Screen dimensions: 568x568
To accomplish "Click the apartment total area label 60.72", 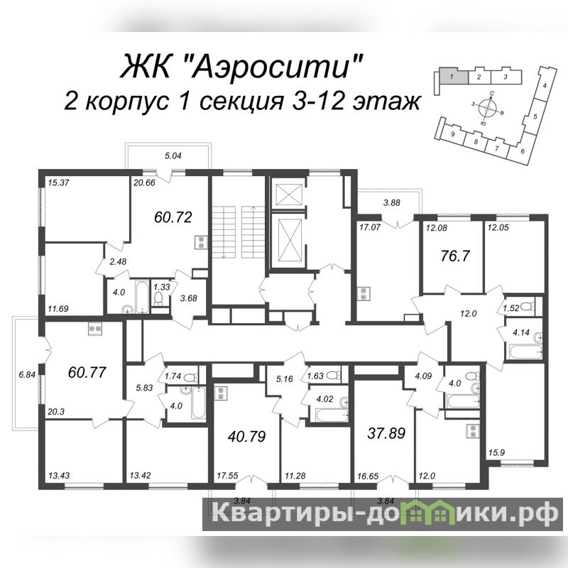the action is click(x=173, y=217).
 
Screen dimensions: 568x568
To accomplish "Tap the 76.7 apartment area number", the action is click(x=455, y=256).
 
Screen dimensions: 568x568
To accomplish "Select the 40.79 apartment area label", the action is click(x=246, y=437).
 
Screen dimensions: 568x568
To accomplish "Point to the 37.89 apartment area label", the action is click(x=386, y=433).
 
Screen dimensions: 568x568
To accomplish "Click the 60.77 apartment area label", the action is click(x=87, y=372).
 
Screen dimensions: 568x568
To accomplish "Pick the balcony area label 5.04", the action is click(x=173, y=156).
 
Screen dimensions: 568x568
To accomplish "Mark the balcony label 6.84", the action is click(x=27, y=375).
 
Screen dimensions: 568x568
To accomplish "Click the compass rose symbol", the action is click(x=487, y=107).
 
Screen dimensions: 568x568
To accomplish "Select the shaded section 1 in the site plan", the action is click(x=453, y=77).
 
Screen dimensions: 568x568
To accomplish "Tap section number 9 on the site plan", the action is click(x=452, y=134).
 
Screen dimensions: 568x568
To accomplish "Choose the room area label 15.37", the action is click(x=58, y=183).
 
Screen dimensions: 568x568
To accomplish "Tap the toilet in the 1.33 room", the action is click(x=158, y=298).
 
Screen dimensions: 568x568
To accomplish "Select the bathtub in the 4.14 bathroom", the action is click(x=525, y=351).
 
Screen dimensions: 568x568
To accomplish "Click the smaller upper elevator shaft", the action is click(x=289, y=195).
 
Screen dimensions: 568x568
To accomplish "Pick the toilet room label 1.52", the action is click(x=510, y=308).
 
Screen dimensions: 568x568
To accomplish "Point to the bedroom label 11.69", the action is click(x=58, y=309).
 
